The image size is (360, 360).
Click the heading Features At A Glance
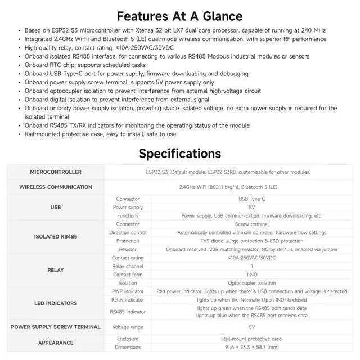pyautogui.click(x=179, y=16)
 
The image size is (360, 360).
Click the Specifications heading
pyautogui.click(x=179, y=153)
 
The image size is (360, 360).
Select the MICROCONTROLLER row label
pyautogui.click(x=56, y=172)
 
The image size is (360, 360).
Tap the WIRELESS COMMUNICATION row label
pyautogui.click(x=56, y=187)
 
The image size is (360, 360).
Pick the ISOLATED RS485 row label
pyautogui.click(x=56, y=236)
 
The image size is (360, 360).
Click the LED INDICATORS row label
pyautogui.click(x=56, y=303)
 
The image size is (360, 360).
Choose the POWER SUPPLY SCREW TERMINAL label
pyautogui.click(x=56, y=327)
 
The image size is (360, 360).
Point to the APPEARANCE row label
pyautogui.click(x=56, y=343)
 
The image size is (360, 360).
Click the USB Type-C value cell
pyautogui.click(x=251, y=199)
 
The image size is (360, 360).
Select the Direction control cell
pyautogui.click(x=128, y=232)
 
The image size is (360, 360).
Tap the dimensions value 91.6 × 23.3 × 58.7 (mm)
pyautogui.click(x=251, y=347)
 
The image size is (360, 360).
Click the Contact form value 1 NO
pyautogui.click(x=251, y=274)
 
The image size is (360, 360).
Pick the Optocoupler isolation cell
pyautogui.click(x=251, y=283)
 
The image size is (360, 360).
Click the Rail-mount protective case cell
pyautogui.click(x=251, y=339)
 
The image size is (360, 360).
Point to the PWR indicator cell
pyautogui.click(x=128, y=291)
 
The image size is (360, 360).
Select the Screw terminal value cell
pyautogui.click(x=251, y=224)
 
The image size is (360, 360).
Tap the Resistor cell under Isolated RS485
pyautogui.click(x=128, y=249)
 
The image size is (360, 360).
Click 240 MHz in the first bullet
pyautogui.click(x=313, y=30)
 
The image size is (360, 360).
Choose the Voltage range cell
pyautogui.click(x=128, y=327)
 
